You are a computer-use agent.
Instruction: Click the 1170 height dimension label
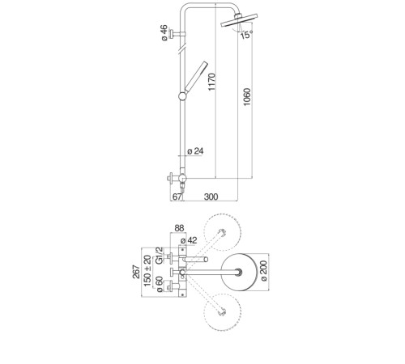tap(212, 82)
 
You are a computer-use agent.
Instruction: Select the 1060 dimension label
tap(247, 97)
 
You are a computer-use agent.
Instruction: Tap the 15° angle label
tap(247, 35)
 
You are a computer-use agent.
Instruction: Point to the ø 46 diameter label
tap(164, 32)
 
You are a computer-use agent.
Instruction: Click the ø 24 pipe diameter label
tap(195, 151)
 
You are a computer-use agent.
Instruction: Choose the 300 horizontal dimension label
tap(211, 197)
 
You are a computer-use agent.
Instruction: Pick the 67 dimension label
tap(177, 197)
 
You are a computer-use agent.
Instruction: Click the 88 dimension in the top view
tap(179, 228)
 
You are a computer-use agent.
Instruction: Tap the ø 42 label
tap(189, 240)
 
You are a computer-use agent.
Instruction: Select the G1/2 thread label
tap(160, 255)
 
